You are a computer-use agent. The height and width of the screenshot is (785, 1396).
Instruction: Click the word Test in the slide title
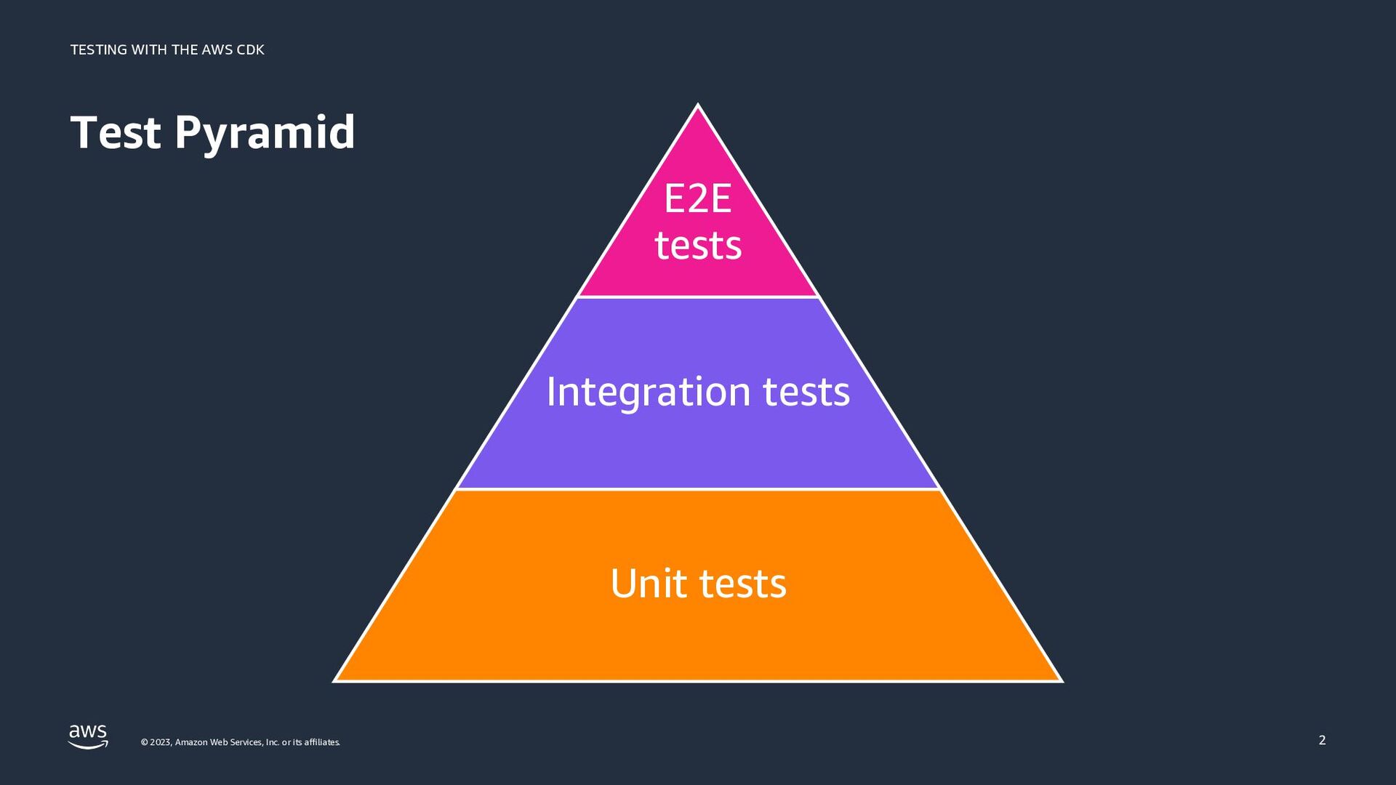(116, 132)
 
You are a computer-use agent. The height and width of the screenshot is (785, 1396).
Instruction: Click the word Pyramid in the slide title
(265, 134)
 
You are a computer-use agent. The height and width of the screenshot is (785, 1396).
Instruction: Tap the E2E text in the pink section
(697, 199)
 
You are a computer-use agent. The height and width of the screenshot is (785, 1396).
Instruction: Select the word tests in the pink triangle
(698, 246)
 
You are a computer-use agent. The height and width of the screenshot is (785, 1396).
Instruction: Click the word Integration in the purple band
(648, 392)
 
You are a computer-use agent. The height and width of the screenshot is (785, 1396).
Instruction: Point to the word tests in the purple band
(806, 392)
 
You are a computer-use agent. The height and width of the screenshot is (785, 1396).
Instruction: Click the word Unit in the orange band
(649, 584)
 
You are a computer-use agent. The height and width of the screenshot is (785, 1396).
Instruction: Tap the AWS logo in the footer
(88, 736)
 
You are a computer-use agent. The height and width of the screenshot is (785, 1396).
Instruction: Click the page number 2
(1322, 740)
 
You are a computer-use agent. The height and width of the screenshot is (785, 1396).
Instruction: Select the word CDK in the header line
(250, 49)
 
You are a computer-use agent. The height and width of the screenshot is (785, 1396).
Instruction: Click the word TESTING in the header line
(99, 49)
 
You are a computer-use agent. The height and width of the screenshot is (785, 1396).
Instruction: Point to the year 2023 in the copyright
(160, 742)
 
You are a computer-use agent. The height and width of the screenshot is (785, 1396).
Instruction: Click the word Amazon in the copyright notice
(191, 742)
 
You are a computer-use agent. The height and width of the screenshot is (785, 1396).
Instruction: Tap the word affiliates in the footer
(321, 742)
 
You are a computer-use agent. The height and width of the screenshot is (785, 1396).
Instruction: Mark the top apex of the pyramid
(698, 106)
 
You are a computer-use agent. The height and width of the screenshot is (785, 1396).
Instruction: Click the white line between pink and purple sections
(698, 297)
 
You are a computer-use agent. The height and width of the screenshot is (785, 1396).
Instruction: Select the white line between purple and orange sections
(698, 489)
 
